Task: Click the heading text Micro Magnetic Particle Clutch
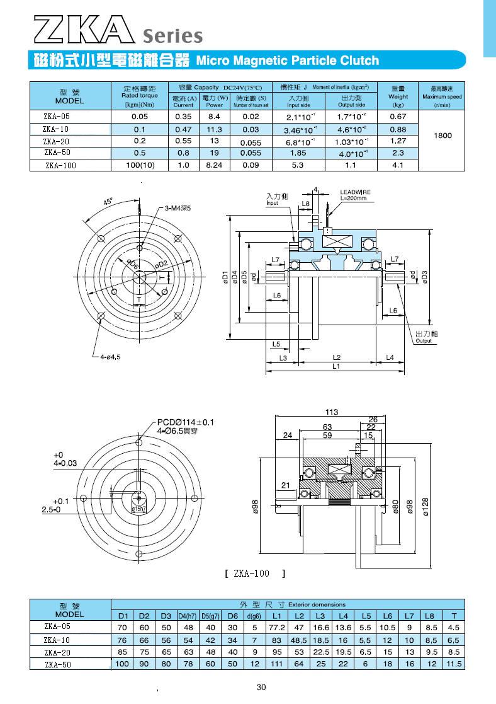pos(288,61)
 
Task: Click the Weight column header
pos(398,96)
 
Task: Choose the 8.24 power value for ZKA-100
pos(214,166)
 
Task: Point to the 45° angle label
pos(108,202)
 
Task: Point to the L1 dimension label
pos(336,366)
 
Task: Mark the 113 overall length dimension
pos(332,412)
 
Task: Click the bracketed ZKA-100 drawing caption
pos(255,574)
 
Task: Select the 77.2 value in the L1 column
pos(278,628)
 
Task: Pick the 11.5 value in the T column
pos(454,664)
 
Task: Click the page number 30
pos(262,687)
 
